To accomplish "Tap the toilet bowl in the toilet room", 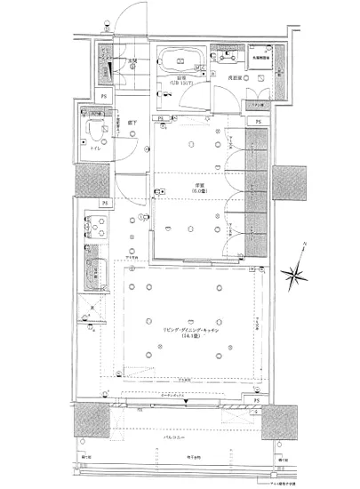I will (92, 132).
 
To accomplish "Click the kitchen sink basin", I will (93, 271).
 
